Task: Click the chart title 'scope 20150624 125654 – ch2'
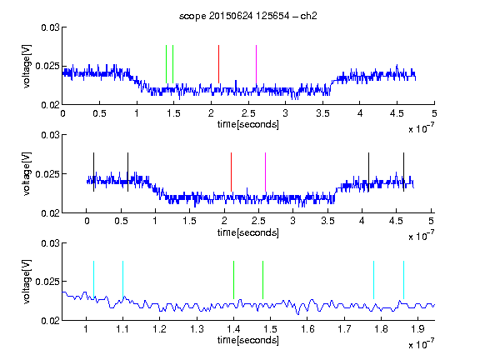248,16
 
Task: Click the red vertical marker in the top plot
218,64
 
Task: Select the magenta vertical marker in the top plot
256,64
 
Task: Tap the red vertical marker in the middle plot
231,172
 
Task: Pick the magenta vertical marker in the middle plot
265,172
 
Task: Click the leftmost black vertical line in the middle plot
93,172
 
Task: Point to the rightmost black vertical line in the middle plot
403,172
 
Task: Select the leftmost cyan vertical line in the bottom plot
93,280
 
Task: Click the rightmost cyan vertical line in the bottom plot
403,280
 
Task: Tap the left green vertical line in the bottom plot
233,280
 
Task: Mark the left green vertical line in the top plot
166,64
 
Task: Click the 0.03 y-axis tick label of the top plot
50,27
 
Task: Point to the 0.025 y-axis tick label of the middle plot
47,174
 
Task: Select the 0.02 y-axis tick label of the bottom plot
50,321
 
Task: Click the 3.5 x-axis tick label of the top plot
322,113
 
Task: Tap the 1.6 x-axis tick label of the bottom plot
307,329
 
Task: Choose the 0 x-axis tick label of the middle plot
87,221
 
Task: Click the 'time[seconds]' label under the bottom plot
248,340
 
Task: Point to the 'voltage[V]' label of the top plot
27,66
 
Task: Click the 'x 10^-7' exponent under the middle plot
421,236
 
